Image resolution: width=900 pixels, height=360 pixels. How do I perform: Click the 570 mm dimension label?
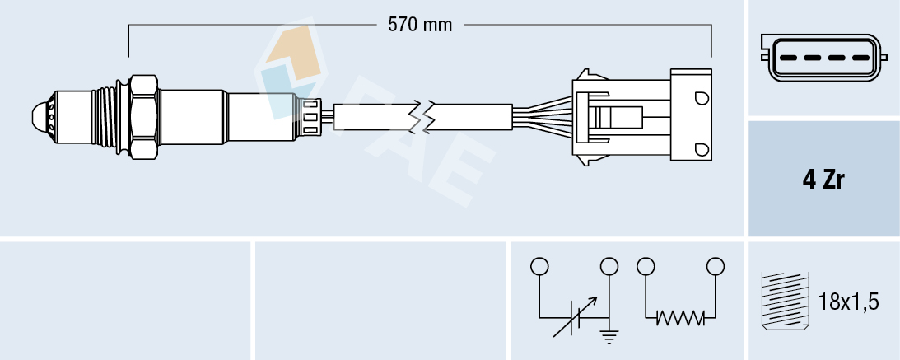tap(420, 25)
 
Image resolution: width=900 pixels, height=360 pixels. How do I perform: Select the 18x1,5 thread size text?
tap(850, 302)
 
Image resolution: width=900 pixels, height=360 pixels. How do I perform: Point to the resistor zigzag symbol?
tap(681, 317)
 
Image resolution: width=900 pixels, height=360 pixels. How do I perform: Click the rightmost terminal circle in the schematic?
tap(716, 266)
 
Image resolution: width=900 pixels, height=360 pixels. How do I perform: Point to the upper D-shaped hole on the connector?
tap(702, 99)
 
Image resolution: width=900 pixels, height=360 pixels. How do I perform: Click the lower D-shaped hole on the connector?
tap(702, 148)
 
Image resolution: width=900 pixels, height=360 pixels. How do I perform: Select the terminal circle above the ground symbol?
tap(609, 267)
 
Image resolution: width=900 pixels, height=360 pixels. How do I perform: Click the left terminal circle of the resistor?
tap(646, 266)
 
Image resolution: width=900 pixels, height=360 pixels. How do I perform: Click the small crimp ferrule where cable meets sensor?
tap(311, 116)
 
